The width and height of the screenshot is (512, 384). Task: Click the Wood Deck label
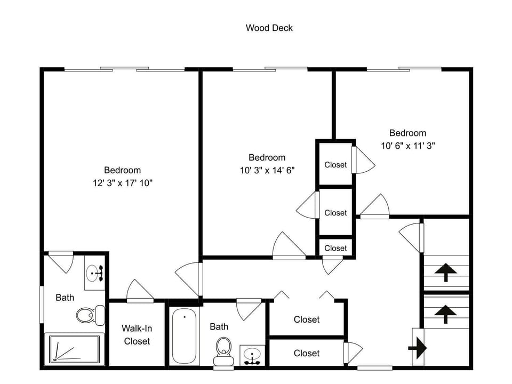[x=269, y=28]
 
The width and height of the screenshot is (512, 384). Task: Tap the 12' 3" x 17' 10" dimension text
[x=123, y=183]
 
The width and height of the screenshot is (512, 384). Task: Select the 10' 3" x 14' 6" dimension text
[x=267, y=170]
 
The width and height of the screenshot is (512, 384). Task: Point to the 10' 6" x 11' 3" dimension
[x=408, y=146]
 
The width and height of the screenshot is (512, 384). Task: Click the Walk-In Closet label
[x=137, y=335]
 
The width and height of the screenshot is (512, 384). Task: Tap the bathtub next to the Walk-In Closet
[x=184, y=335]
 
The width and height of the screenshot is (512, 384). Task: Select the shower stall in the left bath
[x=75, y=349]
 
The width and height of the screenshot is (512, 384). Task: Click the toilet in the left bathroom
[x=91, y=315]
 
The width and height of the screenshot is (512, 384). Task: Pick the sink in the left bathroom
[x=95, y=273]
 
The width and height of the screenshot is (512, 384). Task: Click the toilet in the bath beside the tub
[x=223, y=351]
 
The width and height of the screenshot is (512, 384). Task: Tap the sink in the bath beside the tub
[x=252, y=355]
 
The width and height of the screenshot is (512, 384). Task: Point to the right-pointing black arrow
[x=418, y=348]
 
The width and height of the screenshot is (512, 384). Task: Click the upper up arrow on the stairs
[x=445, y=273]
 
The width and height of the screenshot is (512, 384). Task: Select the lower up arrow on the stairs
[x=445, y=314]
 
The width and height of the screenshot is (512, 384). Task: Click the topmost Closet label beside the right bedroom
[x=335, y=165]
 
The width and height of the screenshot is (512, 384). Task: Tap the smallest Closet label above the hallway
[x=335, y=248]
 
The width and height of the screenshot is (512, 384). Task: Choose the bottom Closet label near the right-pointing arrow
[x=306, y=353]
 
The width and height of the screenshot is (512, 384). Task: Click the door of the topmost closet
[x=363, y=160]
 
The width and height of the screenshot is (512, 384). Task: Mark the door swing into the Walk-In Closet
[x=140, y=291]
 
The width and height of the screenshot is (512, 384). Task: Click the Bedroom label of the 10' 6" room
[x=407, y=133]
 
